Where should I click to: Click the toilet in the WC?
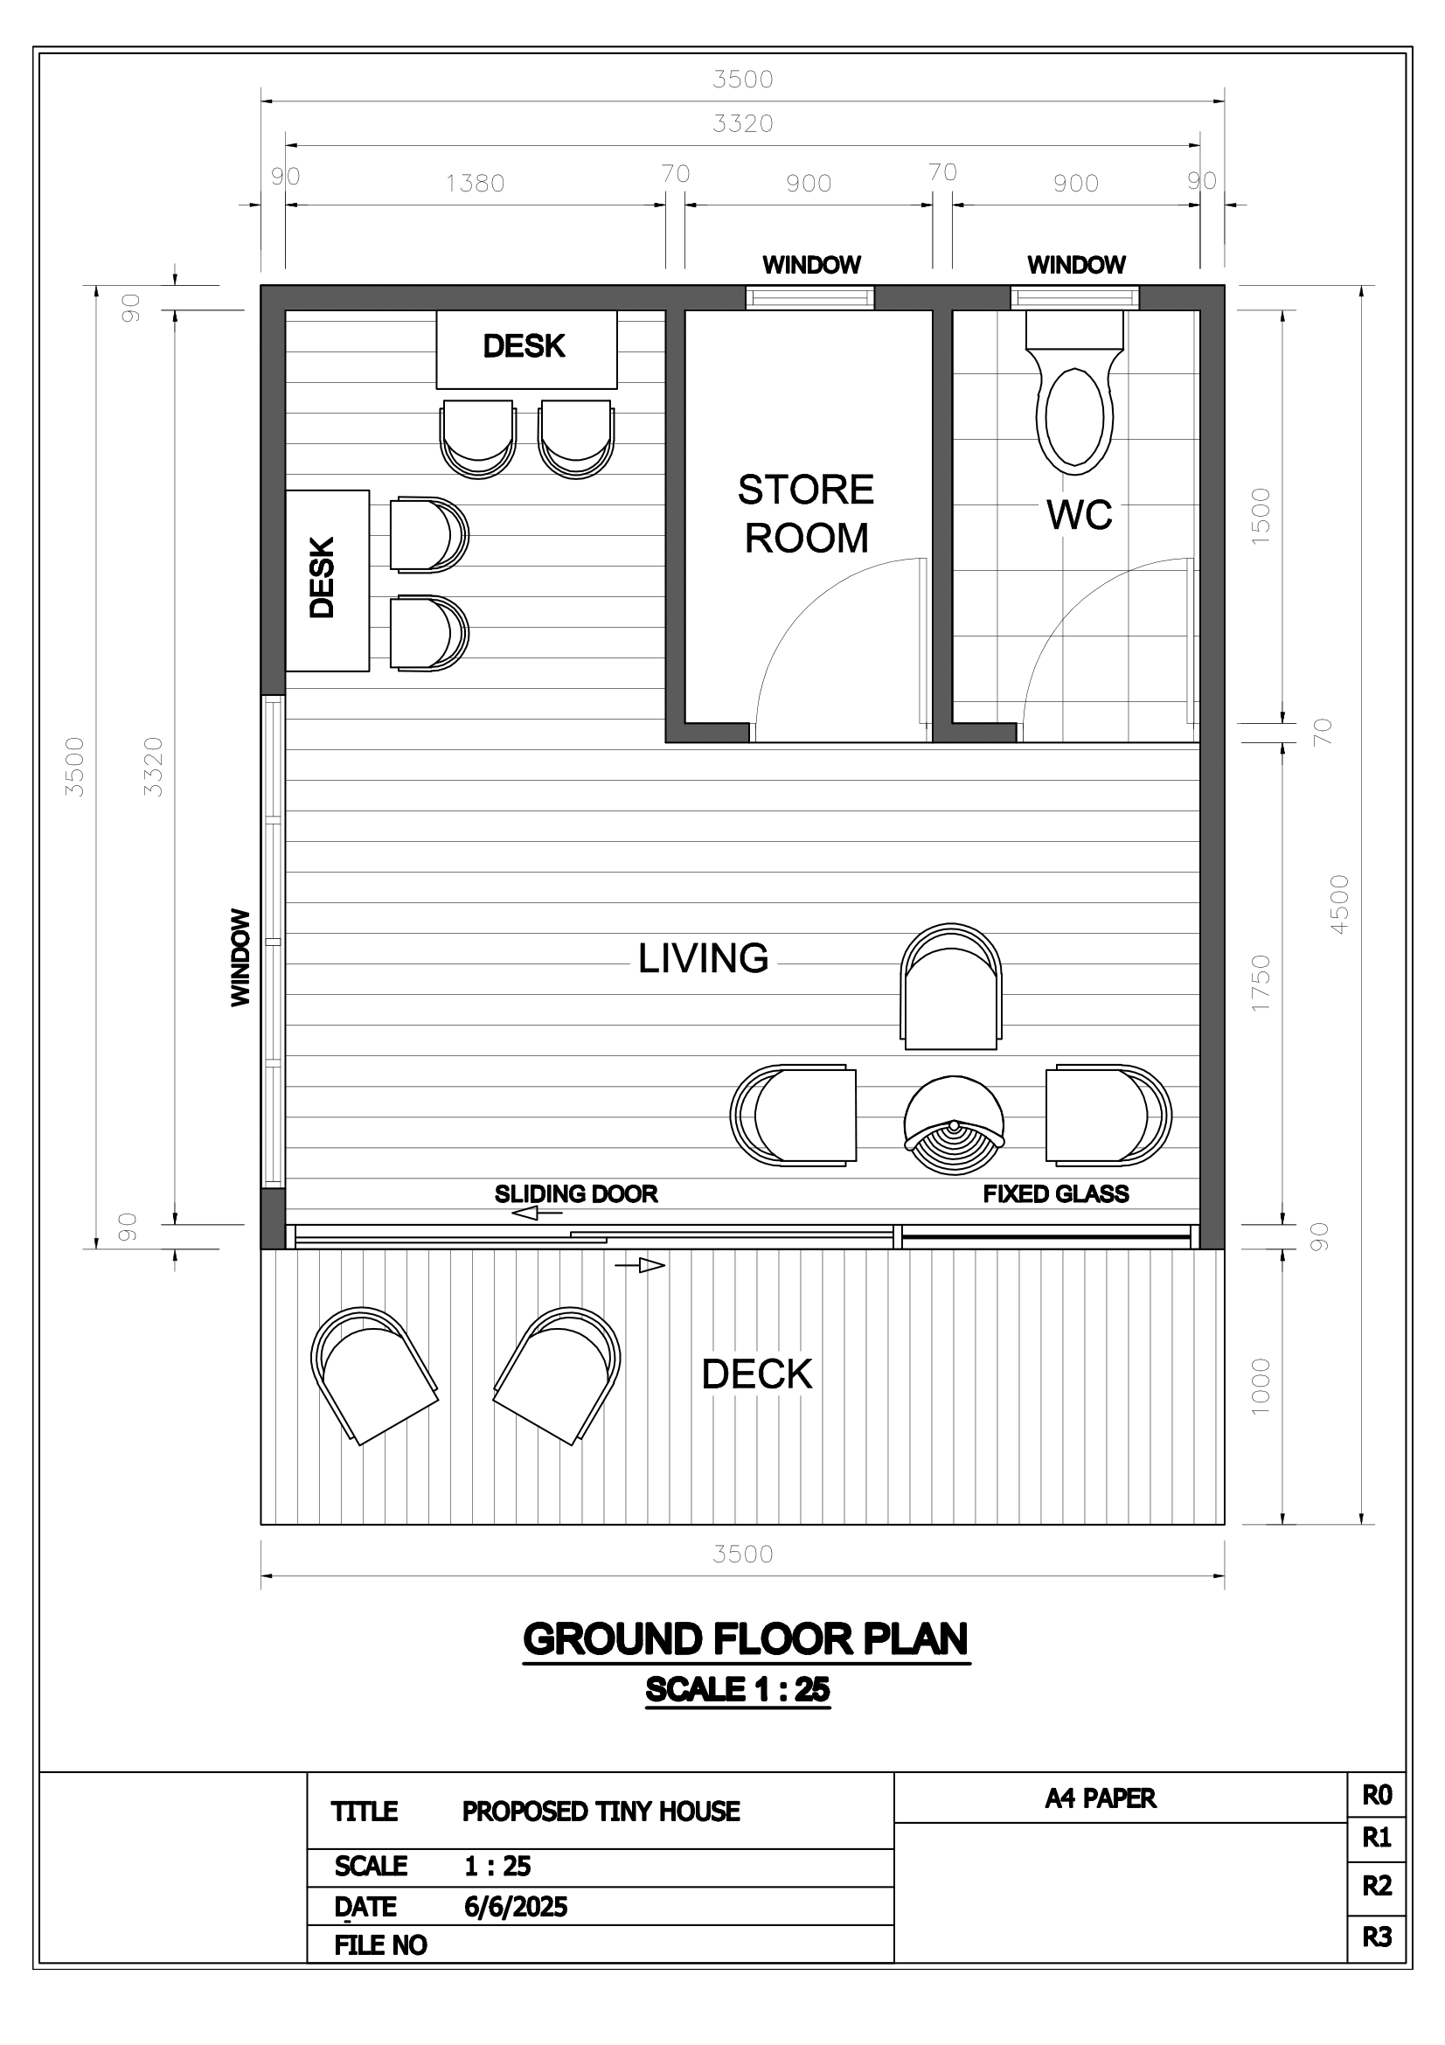[1074, 393]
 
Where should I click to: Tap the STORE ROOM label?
[807, 514]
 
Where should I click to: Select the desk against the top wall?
[526, 349]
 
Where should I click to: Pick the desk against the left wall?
[327, 580]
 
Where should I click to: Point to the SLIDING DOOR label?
[576, 1193]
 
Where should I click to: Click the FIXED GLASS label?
[1056, 1193]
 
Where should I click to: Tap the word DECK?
[757, 1374]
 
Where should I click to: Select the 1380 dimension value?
[476, 184]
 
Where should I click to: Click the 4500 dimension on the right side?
[1339, 904]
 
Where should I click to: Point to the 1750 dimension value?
[1261, 983]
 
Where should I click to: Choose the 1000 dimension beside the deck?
[1261, 1386]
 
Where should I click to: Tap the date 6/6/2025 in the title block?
[516, 1907]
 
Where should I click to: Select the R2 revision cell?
[1377, 1886]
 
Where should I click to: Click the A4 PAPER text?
[1101, 1798]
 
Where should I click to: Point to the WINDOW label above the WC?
[1076, 265]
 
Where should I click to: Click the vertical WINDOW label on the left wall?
[240, 957]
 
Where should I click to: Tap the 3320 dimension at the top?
[742, 124]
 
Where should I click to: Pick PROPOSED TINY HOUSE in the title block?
[601, 1812]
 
